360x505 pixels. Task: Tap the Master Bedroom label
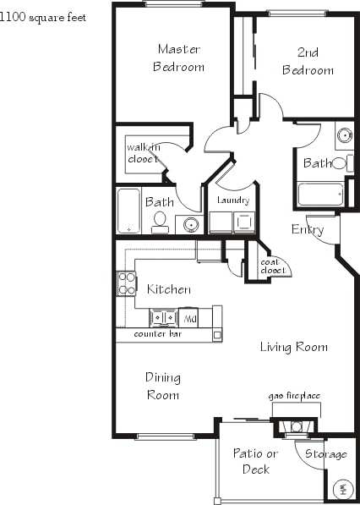[x=178, y=58]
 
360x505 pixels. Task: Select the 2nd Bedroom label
[x=308, y=62]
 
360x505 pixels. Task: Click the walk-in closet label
[x=143, y=153]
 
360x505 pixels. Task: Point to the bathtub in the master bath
[x=128, y=210]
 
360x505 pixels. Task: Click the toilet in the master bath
[x=159, y=222]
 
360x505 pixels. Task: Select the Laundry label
[x=232, y=200]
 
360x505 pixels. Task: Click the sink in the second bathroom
[x=344, y=135]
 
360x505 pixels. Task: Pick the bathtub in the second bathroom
[x=319, y=195]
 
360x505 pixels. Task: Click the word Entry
[x=307, y=229]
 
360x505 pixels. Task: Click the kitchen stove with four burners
[x=126, y=283]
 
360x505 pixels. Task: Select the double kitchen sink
[x=163, y=318]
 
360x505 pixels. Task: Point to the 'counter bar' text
[x=158, y=335]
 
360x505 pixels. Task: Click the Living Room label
[x=293, y=347]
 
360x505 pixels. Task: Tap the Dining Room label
[x=162, y=387]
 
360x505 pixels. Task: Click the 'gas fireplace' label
[x=294, y=396]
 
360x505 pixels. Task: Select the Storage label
[x=325, y=454]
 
